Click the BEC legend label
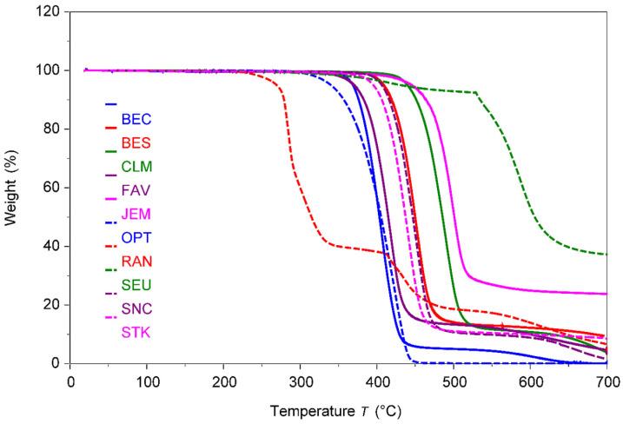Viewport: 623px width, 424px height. [x=136, y=118]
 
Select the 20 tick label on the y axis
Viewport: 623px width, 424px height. [x=51, y=305]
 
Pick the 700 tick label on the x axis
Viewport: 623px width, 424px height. [x=606, y=380]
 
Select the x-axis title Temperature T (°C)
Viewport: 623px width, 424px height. [x=335, y=408]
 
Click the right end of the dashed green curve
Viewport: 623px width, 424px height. [x=606, y=254]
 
